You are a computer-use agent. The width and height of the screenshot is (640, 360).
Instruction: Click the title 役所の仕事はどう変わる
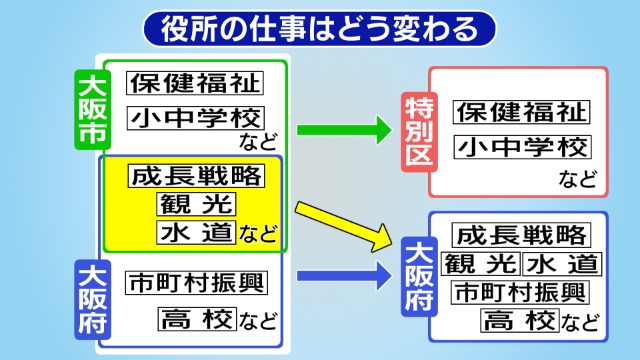320,28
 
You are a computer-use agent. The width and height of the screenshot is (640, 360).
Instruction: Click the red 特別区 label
415,130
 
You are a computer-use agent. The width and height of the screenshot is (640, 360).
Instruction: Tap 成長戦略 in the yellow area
196,177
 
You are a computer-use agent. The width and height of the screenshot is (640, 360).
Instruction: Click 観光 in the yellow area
195,205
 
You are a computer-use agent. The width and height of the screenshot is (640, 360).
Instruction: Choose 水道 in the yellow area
195,233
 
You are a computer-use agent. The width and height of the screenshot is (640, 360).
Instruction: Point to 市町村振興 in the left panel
196,283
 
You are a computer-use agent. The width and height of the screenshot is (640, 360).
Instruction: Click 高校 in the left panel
195,319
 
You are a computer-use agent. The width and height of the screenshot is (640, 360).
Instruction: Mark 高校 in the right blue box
518,321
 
